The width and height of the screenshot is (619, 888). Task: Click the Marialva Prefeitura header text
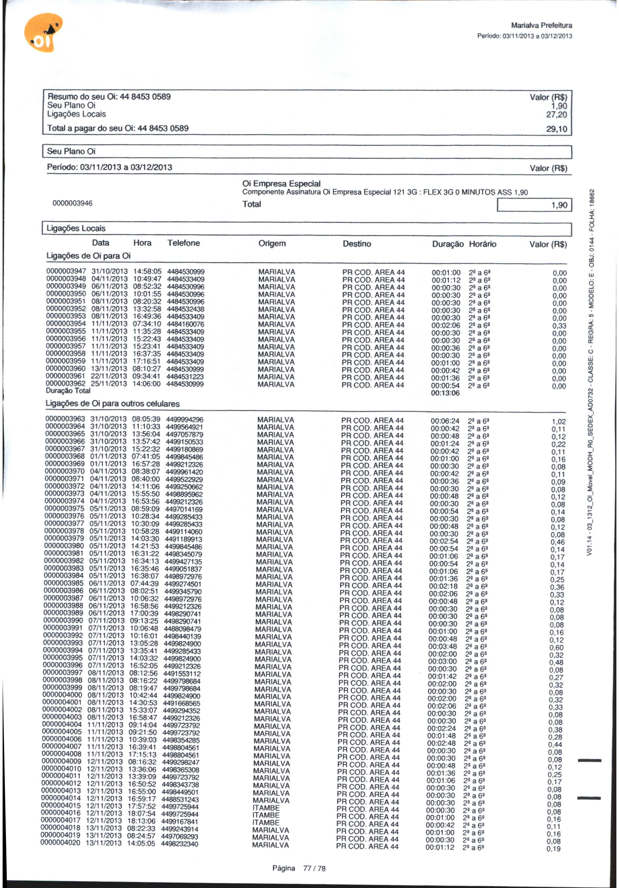[x=541, y=25]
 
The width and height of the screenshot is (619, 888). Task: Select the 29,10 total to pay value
[x=556, y=129]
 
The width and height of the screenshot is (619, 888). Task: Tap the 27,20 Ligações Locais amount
[x=556, y=115]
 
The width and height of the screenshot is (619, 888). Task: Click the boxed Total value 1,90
[x=559, y=205]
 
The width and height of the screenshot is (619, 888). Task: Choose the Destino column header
[x=356, y=244]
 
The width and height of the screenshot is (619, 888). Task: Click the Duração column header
[x=447, y=244]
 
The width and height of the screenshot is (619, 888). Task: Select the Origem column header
[x=272, y=243]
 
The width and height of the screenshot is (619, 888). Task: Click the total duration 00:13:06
[x=445, y=393]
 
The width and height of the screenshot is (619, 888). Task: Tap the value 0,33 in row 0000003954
[x=559, y=326]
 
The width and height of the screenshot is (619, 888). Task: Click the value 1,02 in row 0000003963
[x=558, y=422]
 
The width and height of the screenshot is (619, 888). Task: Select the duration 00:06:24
[x=445, y=421]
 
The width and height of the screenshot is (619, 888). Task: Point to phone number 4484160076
[x=185, y=324]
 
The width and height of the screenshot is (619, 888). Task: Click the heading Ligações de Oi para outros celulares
[x=113, y=403]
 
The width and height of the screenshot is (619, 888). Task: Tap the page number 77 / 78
[x=314, y=868]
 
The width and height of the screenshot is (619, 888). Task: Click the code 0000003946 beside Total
[x=72, y=203]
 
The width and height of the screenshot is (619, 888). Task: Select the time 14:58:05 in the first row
[x=147, y=272]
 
